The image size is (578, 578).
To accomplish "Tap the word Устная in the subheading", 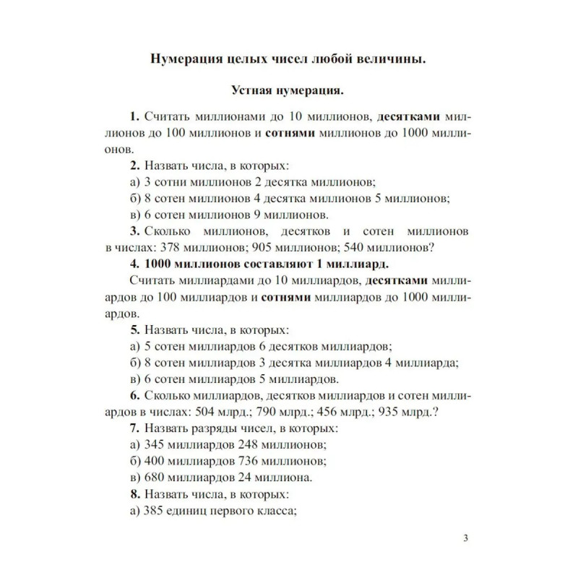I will tap(256, 90).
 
